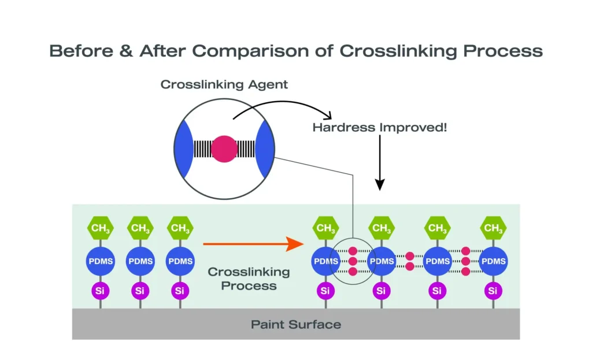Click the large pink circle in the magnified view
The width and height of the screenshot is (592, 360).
[x=224, y=149]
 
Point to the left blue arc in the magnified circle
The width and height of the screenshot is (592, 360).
[x=184, y=149]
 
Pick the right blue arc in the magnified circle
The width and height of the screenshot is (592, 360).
[x=264, y=149]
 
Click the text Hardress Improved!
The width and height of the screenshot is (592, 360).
[x=379, y=127]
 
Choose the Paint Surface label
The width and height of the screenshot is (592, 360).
[x=295, y=324]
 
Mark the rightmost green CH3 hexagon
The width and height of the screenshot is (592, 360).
[x=493, y=228]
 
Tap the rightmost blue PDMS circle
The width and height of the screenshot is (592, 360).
[x=493, y=261]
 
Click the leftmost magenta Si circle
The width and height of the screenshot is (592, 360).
[x=100, y=291]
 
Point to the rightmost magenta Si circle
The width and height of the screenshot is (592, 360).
[x=493, y=291]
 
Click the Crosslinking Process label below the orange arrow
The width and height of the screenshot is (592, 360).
[x=249, y=278]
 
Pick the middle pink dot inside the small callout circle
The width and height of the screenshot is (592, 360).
[x=353, y=261]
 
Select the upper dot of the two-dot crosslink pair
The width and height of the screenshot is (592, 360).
[x=409, y=255]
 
